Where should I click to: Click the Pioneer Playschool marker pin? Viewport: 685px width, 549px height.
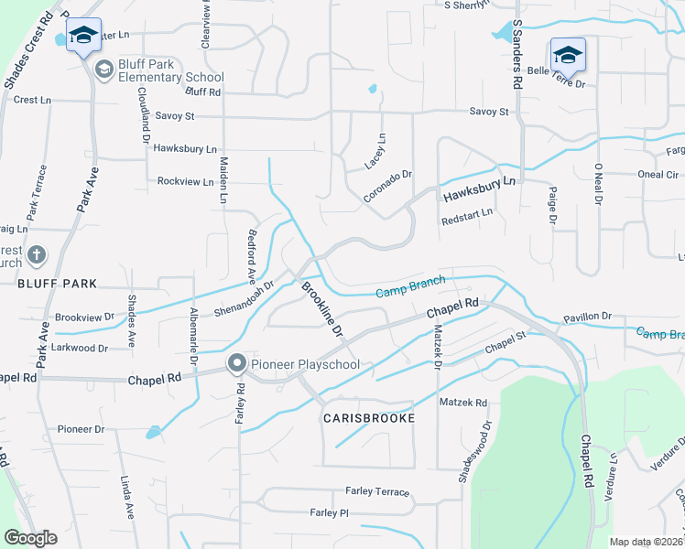coord(236,364)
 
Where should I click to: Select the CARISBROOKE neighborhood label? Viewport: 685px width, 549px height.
coord(369,417)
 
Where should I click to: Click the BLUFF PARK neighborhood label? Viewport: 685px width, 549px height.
coord(57,285)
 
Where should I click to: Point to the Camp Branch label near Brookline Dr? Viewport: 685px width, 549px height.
coord(411,285)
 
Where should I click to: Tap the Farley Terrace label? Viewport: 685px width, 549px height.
coord(377,491)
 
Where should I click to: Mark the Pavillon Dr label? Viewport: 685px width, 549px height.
coord(587,317)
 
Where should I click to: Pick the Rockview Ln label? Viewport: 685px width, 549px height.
coord(185,181)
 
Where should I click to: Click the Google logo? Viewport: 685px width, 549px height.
coord(30,538)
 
